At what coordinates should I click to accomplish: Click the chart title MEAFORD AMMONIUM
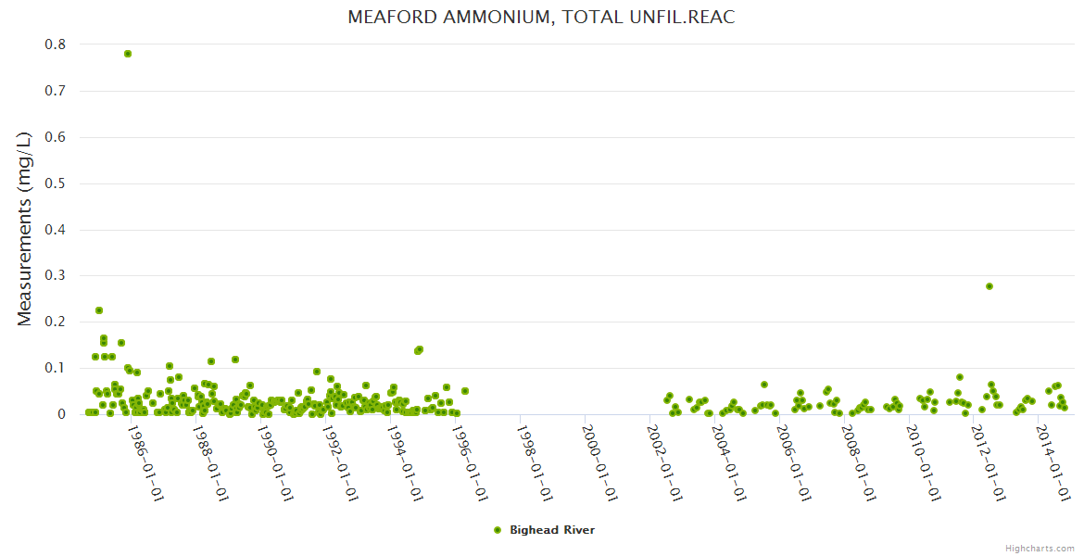click(x=541, y=18)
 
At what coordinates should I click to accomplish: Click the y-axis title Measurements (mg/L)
click(x=25, y=229)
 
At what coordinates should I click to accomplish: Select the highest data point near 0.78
click(x=128, y=54)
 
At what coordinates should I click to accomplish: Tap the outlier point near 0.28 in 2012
click(x=989, y=286)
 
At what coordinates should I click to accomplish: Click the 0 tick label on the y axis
click(x=61, y=415)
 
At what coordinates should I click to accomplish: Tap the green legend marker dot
click(x=498, y=530)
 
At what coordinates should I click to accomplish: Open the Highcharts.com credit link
click(x=1040, y=548)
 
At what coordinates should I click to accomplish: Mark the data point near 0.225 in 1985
click(x=99, y=310)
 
